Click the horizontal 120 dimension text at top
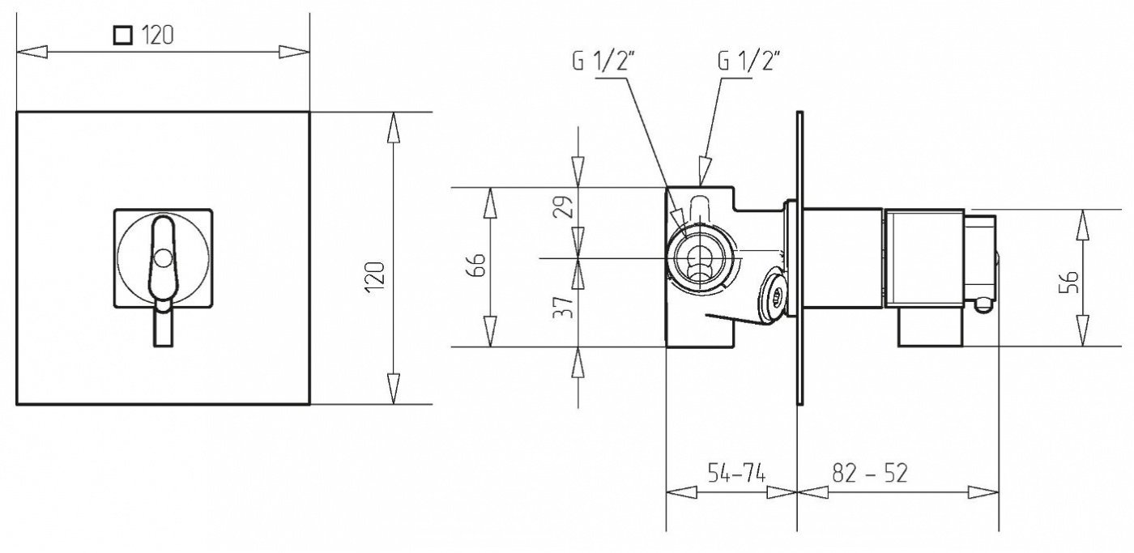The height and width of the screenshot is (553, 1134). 157,35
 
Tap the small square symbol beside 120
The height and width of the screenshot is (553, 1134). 123,36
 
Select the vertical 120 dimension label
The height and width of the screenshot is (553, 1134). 375,276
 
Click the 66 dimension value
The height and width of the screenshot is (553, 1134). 476,265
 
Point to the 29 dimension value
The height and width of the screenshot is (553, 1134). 563,206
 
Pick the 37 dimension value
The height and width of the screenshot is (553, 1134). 563,307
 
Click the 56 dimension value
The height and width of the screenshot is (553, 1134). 1068,282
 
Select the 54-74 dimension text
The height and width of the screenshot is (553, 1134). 736,472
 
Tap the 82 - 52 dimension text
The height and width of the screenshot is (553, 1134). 870,473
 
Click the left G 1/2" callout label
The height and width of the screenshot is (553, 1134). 603,62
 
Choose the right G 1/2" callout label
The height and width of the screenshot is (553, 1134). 748,62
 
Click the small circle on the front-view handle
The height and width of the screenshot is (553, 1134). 163,258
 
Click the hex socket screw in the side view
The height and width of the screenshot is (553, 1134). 774,295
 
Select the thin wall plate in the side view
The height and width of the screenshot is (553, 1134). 800,258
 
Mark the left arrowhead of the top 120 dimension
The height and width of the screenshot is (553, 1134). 32,52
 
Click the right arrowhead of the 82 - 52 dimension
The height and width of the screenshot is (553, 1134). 983,492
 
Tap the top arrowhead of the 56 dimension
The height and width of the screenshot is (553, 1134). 1082,225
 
